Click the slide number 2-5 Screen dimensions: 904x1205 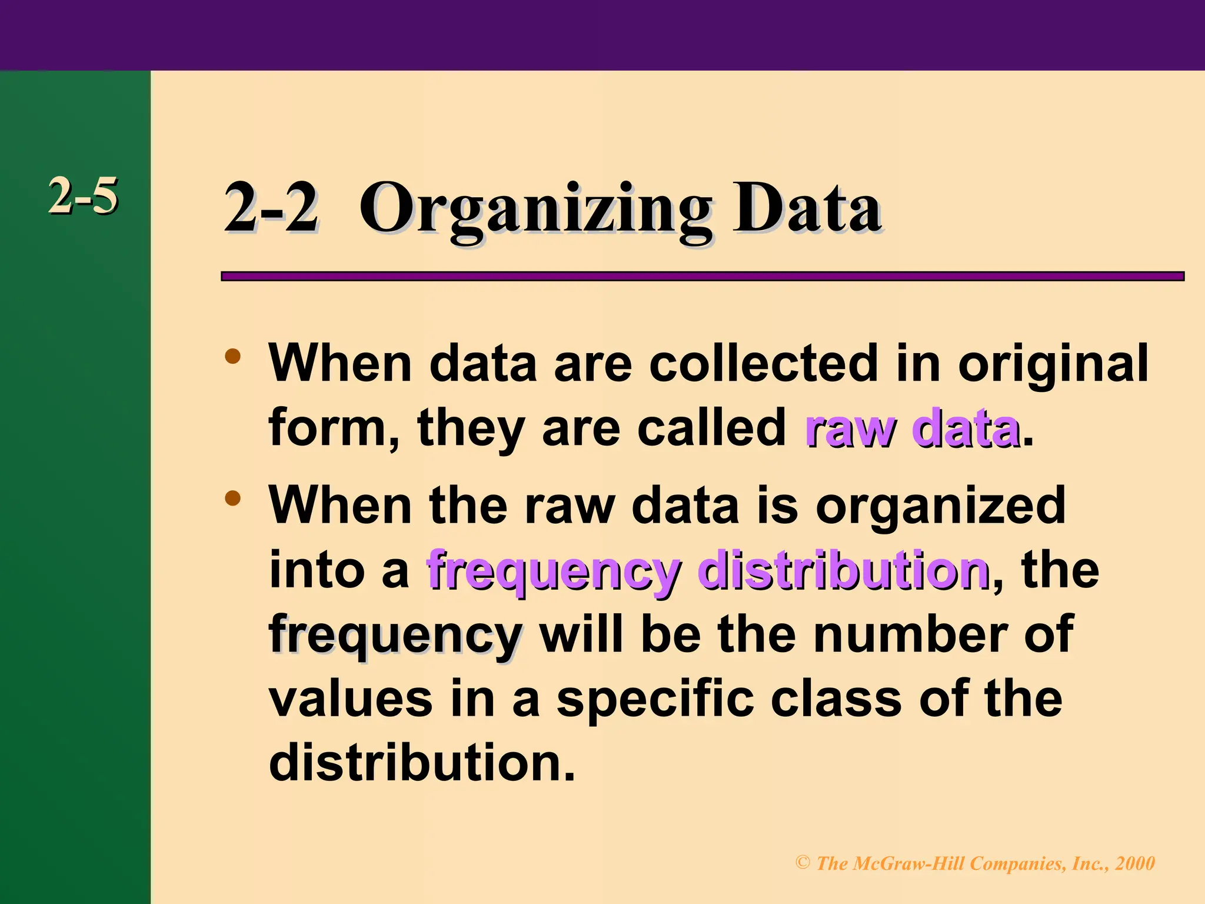pyautogui.click(x=83, y=195)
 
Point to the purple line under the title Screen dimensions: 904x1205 pyautogui.click(x=702, y=276)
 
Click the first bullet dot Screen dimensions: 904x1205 pyautogui.click(x=233, y=357)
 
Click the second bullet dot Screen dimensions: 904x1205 pyautogui.click(x=233, y=499)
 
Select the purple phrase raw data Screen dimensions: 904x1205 pyautogui.click(x=911, y=428)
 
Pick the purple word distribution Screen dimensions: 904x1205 pyautogui.click(x=844, y=570)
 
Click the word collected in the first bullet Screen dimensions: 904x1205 pyautogui.click(x=764, y=363)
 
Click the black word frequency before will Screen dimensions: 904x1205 pyautogui.click(x=395, y=637)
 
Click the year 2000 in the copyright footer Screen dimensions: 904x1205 pyautogui.click(x=1135, y=863)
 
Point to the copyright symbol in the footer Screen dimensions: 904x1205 pyautogui.click(x=803, y=863)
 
